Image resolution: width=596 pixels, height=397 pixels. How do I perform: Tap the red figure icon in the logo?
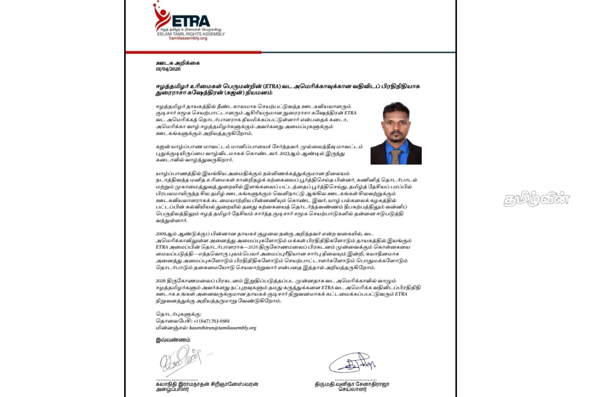(161, 17)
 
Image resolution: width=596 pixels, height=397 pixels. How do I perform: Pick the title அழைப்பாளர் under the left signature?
(172, 390)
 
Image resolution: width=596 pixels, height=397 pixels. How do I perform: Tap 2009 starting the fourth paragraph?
(162, 232)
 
